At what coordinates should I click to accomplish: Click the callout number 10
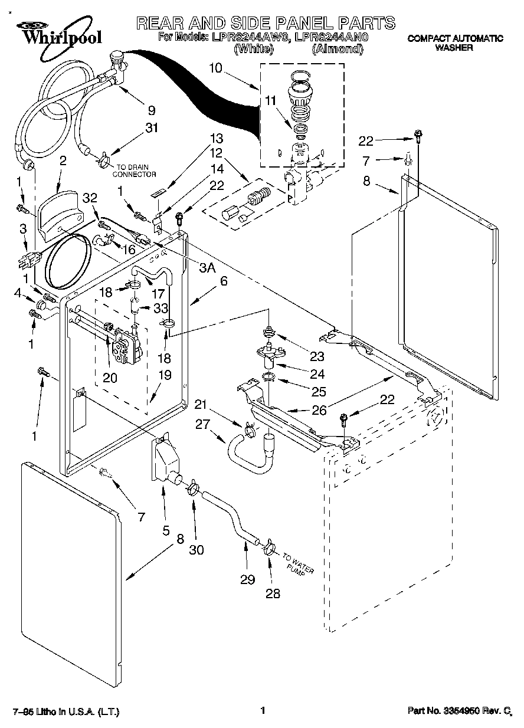pos(215,68)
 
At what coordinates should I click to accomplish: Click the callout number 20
pos(110,378)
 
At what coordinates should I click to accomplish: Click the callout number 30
pos(196,549)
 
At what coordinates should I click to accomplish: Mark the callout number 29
pos(248,580)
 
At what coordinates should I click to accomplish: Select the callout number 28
pos(273,593)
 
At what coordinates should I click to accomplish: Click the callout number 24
pos(317,373)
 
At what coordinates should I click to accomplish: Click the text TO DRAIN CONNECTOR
pos(134,171)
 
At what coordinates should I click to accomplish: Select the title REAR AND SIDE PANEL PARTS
pos(266,23)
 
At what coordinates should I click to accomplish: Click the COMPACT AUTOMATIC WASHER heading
pos(455,42)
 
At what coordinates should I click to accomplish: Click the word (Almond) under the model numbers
pos(336,50)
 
